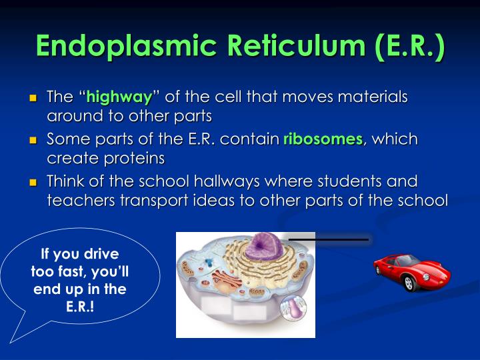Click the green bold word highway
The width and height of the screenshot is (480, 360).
[x=123, y=97]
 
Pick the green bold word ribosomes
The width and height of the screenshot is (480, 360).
[x=323, y=140]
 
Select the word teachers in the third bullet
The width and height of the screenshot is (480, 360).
[x=75, y=200]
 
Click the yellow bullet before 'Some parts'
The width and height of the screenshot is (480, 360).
[x=33, y=141]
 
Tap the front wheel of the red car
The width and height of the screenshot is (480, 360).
[x=409, y=284]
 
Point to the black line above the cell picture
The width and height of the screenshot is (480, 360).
[x=328, y=239]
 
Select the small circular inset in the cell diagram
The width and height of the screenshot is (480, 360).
[x=292, y=309]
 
